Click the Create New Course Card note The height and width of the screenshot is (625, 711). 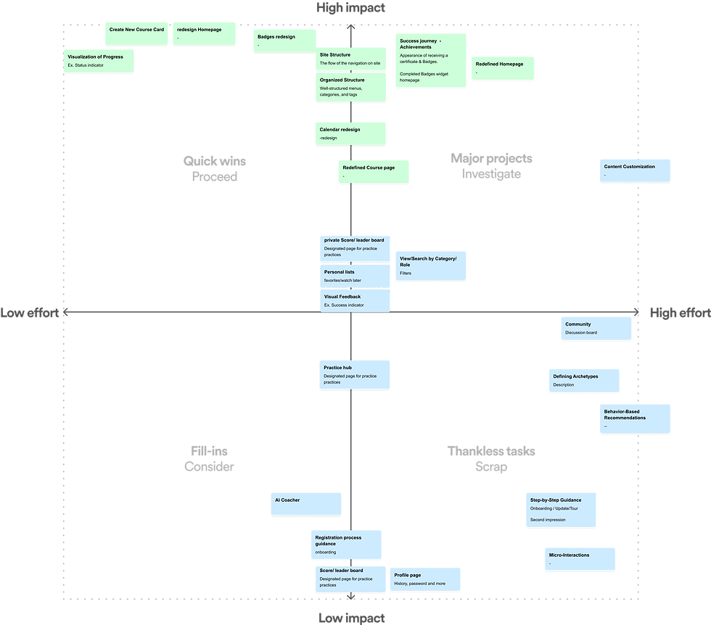point(136,33)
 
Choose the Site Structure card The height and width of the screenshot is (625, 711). point(350,59)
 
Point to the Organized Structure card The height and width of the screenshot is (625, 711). point(350,86)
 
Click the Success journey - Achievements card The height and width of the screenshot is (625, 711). point(430,60)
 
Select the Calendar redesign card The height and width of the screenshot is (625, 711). point(350,133)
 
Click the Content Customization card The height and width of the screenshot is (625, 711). point(635,170)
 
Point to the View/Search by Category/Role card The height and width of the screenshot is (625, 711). point(431,265)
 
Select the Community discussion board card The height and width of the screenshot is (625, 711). point(596,328)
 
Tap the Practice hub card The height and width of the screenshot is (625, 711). point(355,375)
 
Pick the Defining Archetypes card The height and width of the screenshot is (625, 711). point(584,380)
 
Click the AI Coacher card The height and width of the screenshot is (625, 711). point(305,504)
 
